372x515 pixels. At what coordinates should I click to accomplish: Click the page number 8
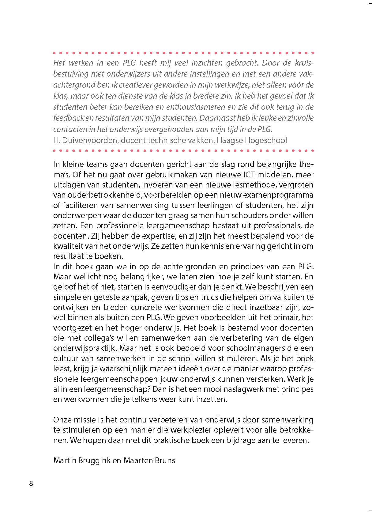pos(31,484)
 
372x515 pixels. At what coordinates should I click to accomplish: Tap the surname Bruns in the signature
pos(164,460)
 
